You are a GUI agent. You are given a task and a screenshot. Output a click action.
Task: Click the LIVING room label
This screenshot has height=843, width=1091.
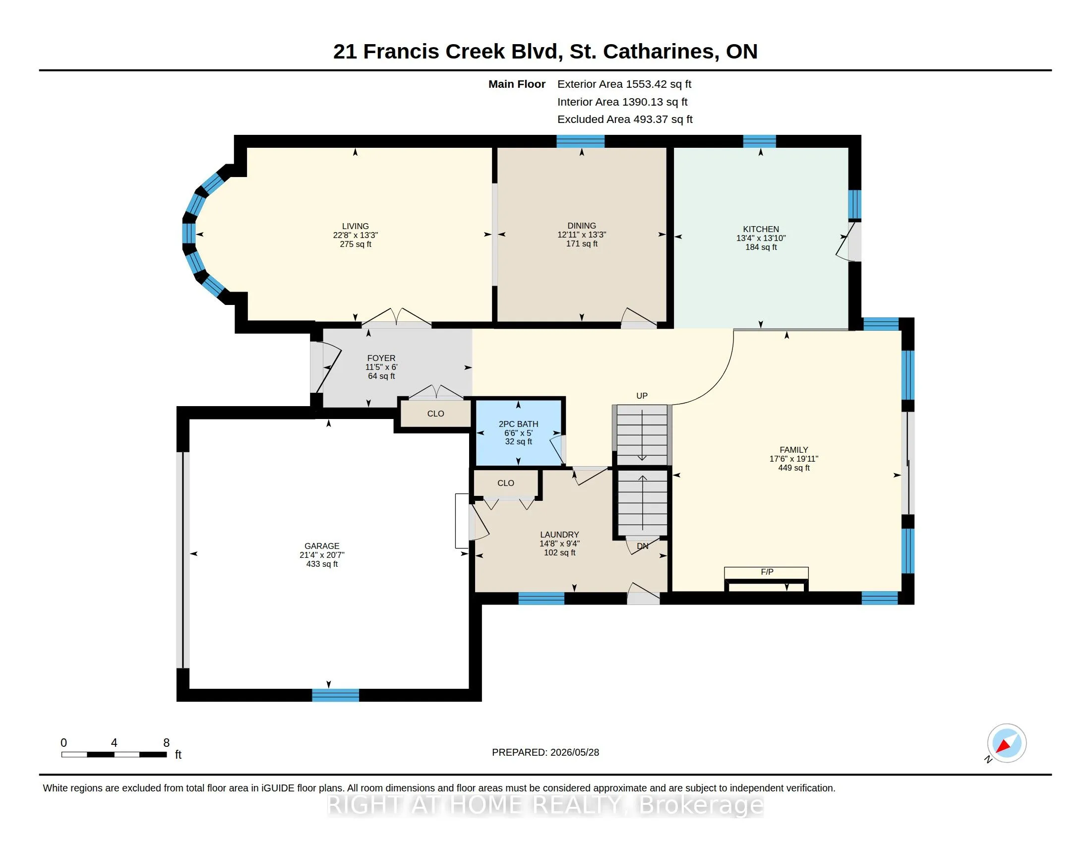click(355, 226)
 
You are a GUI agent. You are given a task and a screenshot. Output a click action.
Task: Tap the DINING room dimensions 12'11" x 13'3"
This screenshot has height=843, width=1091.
click(582, 235)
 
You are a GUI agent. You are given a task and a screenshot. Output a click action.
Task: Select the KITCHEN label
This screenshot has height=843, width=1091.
click(761, 229)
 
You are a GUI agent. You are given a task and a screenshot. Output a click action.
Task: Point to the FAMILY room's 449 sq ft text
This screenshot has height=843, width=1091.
click(794, 468)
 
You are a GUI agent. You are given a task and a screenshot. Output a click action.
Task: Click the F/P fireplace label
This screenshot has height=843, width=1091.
click(767, 572)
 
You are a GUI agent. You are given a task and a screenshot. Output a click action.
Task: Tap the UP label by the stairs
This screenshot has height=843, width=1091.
click(642, 396)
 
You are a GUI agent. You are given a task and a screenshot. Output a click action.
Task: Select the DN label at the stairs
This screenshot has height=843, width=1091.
click(642, 546)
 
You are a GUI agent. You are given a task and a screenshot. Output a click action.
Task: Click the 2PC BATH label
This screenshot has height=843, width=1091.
click(519, 424)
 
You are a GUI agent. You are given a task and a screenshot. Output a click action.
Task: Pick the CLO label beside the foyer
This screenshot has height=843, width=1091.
click(435, 414)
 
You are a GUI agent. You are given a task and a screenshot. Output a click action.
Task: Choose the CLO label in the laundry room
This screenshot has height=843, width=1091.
click(505, 483)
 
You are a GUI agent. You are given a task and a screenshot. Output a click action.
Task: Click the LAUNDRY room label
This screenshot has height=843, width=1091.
click(559, 535)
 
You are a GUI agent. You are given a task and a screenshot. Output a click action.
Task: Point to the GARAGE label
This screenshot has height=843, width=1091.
click(322, 546)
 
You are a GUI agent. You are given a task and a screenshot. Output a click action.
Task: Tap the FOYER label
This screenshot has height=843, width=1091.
click(381, 358)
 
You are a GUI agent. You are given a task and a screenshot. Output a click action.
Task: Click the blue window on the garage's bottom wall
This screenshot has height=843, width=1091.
click(336, 695)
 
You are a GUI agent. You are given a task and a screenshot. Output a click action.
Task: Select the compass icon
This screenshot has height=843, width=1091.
click(1006, 743)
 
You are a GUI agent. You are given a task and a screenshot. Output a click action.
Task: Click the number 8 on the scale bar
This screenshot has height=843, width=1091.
click(166, 743)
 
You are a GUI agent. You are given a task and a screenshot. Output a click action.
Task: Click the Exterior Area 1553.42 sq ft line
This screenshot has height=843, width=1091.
click(624, 84)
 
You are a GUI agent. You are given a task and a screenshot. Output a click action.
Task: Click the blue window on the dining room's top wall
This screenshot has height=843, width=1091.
click(581, 141)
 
